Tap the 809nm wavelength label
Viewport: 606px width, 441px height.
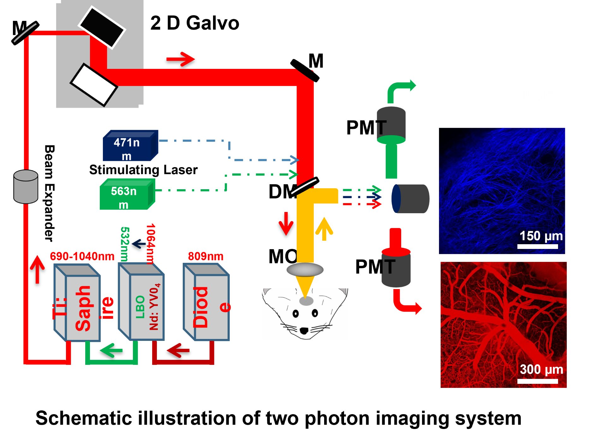click(x=205, y=256)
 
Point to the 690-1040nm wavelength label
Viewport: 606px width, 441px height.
click(x=82, y=256)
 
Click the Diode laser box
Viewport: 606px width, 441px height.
click(x=207, y=303)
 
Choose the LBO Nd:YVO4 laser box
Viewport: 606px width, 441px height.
click(x=142, y=303)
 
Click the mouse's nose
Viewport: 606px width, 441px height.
click(x=304, y=331)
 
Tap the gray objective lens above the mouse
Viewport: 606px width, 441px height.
click(x=305, y=270)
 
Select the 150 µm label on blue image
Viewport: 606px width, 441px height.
click(x=541, y=236)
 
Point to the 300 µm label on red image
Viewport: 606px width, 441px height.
click(x=541, y=369)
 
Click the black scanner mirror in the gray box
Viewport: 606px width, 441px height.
click(x=102, y=27)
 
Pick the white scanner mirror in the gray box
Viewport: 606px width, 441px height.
click(x=94, y=85)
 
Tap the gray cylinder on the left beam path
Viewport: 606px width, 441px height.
click(x=26, y=186)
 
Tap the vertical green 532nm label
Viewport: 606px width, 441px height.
click(x=125, y=244)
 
